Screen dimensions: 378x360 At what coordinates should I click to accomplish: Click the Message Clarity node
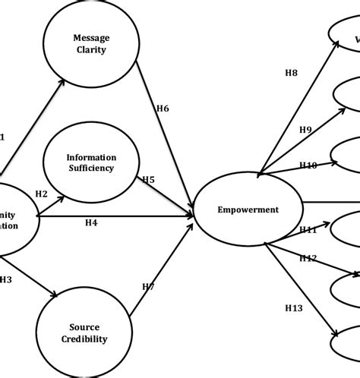[x=90, y=44]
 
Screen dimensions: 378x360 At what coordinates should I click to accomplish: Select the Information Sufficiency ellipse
[x=90, y=163]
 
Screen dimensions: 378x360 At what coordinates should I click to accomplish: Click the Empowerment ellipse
[x=248, y=209]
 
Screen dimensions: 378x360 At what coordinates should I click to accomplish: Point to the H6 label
[x=162, y=109]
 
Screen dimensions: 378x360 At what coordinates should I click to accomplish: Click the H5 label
[x=149, y=180]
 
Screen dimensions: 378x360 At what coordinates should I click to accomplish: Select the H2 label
[x=42, y=194]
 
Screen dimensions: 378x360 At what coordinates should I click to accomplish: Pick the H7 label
[x=149, y=286]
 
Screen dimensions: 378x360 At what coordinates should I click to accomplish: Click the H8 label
[x=291, y=73]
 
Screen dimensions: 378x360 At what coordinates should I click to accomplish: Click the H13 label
[x=294, y=307]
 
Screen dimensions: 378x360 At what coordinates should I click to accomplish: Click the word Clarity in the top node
[x=90, y=52]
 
